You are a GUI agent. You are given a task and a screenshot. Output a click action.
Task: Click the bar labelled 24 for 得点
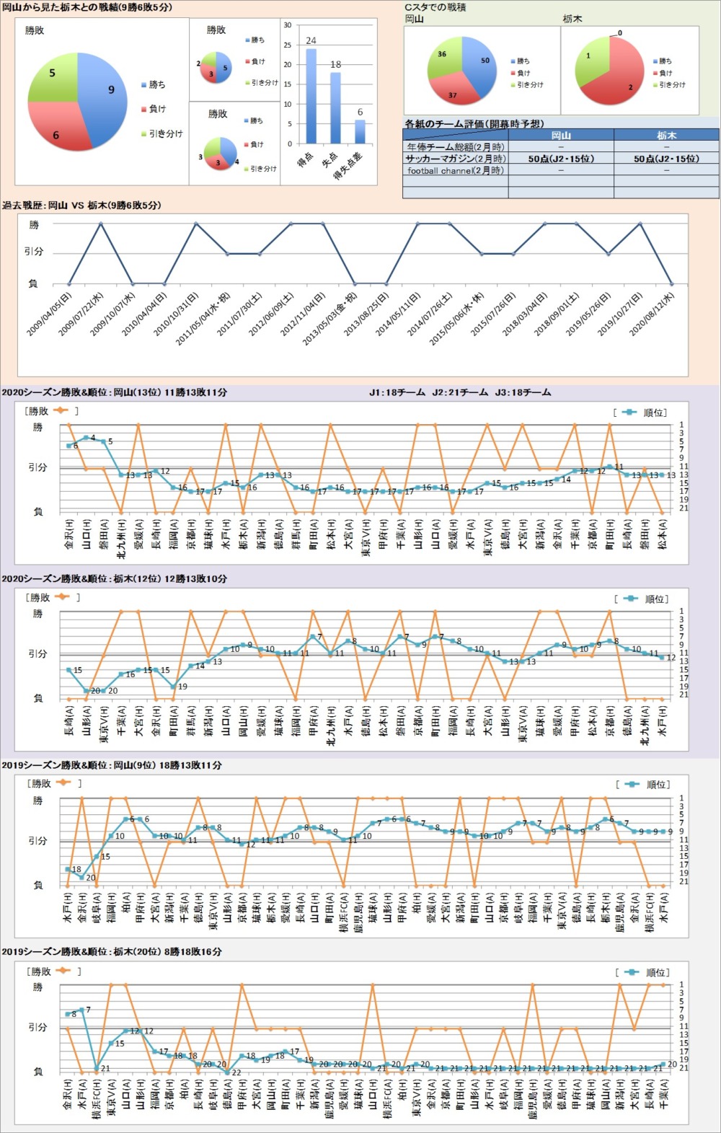pyautogui.click(x=311, y=96)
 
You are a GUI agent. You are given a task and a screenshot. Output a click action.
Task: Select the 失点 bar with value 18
pyautogui.click(x=335, y=108)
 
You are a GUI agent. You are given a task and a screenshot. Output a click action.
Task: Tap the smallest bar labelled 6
pyautogui.click(x=360, y=132)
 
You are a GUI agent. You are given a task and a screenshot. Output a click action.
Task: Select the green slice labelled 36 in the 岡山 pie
pyautogui.click(x=443, y=60)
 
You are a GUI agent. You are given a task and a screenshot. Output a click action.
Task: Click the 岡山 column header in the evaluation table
pyautogui.click(x=561, y=135)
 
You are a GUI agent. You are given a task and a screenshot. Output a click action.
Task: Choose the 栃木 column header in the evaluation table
pyautogui.click(x=666, y=135)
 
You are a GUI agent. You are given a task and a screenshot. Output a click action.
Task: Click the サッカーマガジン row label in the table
pyautogui.click(x=455, y=159)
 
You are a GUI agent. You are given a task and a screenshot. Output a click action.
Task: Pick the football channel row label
pyautogui.click(x=455, y=170)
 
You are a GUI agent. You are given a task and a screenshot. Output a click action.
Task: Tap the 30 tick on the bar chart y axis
pyautogui.click(x=288, y=25)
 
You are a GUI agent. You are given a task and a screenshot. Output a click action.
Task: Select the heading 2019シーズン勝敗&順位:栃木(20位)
pyautogui.click(x=112, y=952)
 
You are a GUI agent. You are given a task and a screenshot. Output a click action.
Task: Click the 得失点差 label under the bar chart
pyautogui.click(x=348, y=166)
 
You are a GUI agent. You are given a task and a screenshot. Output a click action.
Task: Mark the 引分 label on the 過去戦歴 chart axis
pyautogui.click(x=34, y=252)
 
